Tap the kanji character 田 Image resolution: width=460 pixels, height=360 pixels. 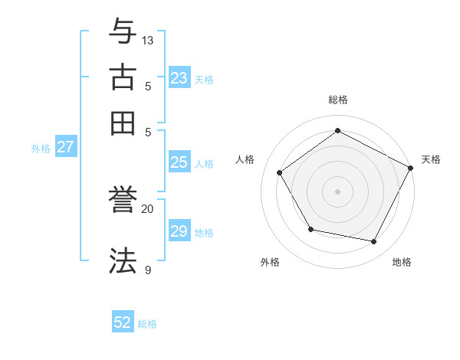click(x=123, y=123)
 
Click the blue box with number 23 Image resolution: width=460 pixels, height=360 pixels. click(x=179, y=78)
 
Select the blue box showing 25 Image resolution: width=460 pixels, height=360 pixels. click(x=179, y=162)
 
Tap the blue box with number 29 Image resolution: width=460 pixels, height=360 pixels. click(x=179, y=231)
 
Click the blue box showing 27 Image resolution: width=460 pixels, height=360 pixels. click(x=65, y=147)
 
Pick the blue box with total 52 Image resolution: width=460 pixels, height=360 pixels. click(x=123, y=323)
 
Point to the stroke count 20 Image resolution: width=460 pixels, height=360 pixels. click(x=148, y=208)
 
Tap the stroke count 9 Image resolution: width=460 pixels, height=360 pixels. click(x=147, y=270)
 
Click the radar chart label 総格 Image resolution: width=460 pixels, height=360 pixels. click(x=338, y=100)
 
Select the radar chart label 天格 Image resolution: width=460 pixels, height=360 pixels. click(x=431, y=159)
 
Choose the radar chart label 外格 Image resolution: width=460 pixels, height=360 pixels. click(x=270, y=263)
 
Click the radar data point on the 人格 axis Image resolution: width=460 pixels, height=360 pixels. click(x=280, y=172)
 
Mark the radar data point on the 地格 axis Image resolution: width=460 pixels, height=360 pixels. click(x=374, y=242)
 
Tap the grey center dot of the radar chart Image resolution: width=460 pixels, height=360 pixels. click(x=338, y=191)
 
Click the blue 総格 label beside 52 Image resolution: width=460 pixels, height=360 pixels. click(x=147, y=324)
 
